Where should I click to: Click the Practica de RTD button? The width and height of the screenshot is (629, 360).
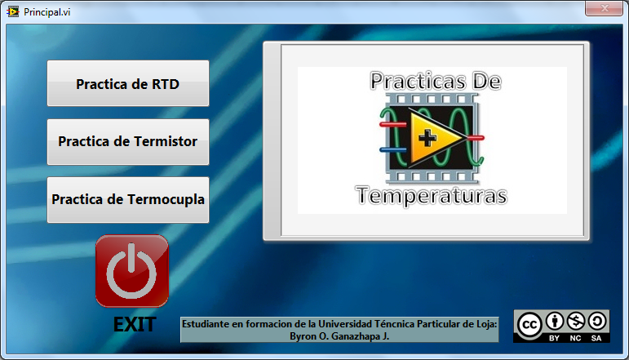click(x=128, y=83)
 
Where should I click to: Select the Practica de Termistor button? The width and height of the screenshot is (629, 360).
click(x=128, y=141)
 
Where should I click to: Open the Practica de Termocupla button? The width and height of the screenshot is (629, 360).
click(x=128, y=199)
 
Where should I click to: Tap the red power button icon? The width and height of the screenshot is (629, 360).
click(x=132, y=271)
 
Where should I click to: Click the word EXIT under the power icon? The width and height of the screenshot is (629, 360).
click(x=135, y=324)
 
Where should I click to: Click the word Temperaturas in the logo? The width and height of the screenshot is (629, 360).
click(x=432, y=197)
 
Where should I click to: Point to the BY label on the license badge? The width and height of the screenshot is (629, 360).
click(x=554, y=337)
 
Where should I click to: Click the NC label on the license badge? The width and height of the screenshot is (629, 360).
click(x=576, y=337)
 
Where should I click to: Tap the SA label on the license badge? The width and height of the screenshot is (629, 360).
click(x=596, y=337)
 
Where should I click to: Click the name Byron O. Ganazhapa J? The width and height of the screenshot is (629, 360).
click(x=339, y=335)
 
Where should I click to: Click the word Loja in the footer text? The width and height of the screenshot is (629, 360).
click(x=485, y=323)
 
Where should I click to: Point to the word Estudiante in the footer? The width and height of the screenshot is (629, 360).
click(x=207, y=323)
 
